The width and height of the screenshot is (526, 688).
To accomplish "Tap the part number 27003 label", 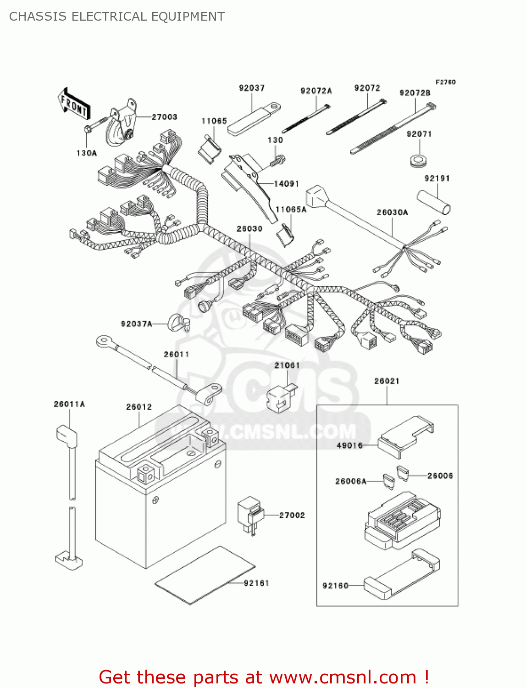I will tap(164, 117).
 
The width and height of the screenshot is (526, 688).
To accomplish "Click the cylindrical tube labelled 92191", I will tap(434, 202).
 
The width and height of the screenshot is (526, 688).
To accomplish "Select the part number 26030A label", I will tap(392, 212).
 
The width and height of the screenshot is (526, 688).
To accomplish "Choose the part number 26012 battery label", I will tap(139, 407).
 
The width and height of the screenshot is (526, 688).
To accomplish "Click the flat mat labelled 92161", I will tap(205, 575).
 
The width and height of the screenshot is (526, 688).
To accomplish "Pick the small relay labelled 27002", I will tap(250, 515).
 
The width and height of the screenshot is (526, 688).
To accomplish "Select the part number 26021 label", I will tap(387, 381).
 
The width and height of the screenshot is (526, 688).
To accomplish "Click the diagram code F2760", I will tap(445, 82).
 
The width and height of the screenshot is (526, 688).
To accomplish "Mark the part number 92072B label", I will tap(415, 93).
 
